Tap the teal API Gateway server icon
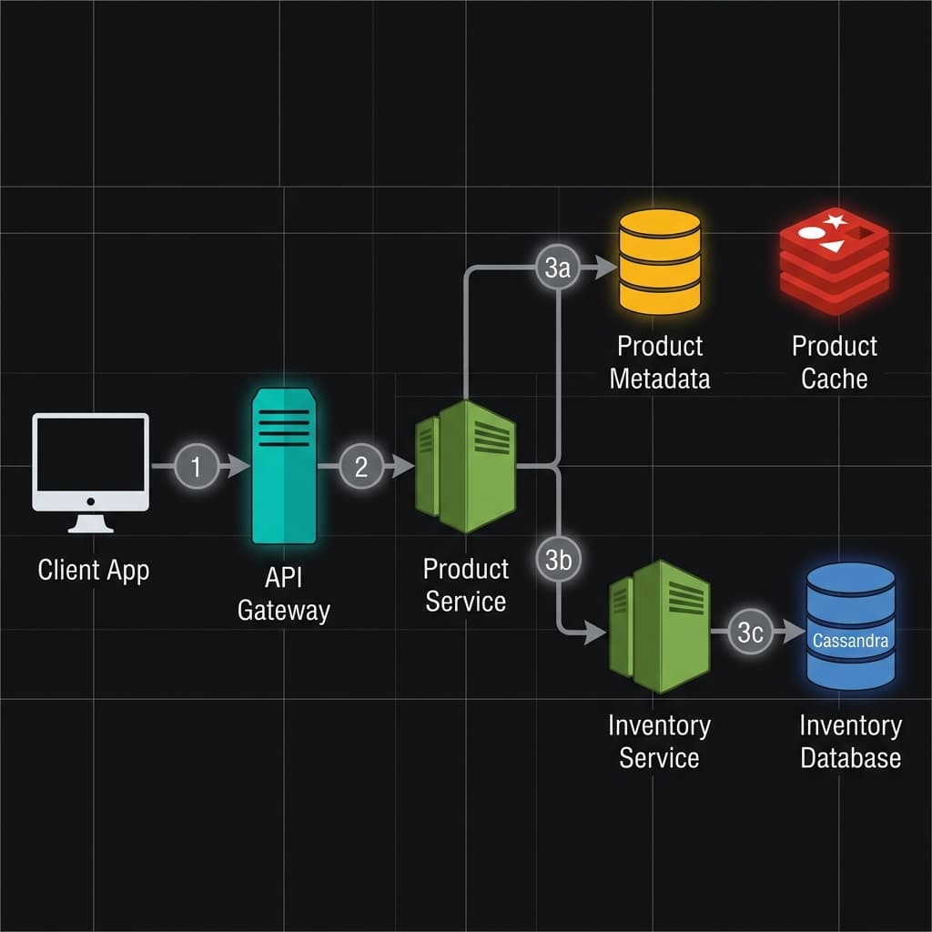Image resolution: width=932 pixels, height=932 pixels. click(x=284, y=465)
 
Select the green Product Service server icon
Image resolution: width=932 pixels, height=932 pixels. click(x=466, y=465)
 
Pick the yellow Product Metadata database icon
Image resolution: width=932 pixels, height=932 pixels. click(x=659, y=261)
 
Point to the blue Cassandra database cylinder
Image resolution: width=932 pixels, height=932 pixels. click(x=850, y=625)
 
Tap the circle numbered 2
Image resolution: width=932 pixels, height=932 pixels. click(x=361, y=467)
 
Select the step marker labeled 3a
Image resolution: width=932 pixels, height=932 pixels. click(x=556, y=268)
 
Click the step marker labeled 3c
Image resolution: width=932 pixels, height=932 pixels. click(x=750, y=633)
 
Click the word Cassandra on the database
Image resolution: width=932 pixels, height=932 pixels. click(x=850, y=641)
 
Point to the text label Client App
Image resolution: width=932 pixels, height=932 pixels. click(x=94, y=571)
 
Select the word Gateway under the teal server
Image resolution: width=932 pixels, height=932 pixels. click(x=283, y=610)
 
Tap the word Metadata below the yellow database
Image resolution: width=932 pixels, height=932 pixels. click(x=659, y=379)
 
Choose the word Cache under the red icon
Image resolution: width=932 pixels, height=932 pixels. click(x=834, y=379)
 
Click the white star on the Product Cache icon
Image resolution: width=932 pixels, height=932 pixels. click(x=835, y=220)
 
